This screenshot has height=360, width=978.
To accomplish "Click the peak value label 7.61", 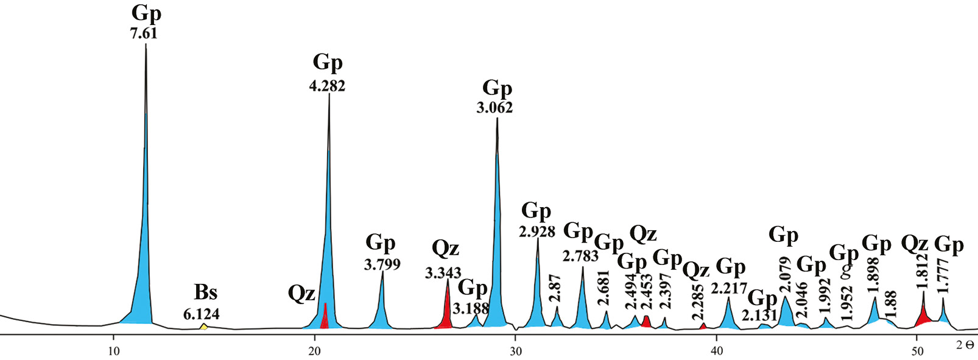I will point(144,34).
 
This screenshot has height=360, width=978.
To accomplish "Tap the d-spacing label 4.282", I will point(327,86).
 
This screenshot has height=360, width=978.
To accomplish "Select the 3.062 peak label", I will point(494,108).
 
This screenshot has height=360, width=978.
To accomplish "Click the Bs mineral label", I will point(206,292).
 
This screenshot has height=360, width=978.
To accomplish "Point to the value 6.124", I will point(201,314).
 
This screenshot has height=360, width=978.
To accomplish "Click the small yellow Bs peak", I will point(204,327).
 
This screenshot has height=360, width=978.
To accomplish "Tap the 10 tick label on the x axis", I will point(113,351).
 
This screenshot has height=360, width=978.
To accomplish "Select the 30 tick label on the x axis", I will point(515,351).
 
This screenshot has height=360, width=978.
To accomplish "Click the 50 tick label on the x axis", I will point(917,351).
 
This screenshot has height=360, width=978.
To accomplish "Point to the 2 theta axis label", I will point(965,345).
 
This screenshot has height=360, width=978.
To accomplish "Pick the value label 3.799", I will point(382,264).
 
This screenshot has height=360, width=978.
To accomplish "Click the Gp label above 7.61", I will point(146,13).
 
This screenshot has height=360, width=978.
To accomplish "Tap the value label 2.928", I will point(537,231).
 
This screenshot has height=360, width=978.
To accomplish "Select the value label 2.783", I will point(580,256).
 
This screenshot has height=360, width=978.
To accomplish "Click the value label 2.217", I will point(729,288).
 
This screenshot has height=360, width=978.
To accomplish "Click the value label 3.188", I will point(471,308).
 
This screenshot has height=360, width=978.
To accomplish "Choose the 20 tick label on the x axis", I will point(314,351).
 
